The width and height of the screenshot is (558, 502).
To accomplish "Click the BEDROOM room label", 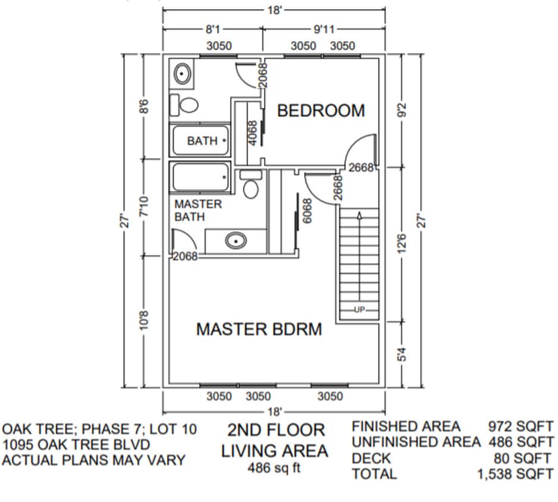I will click(321, 111).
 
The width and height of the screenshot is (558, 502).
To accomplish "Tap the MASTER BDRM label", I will click(259, 329).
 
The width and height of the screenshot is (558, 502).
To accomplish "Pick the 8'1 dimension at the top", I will click(213, 28).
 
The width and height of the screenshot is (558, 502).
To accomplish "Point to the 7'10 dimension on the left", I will click(143, 208).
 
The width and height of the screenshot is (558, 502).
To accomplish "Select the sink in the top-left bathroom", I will click(182, 74).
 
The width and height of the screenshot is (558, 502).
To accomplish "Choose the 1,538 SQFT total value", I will click(515, 474).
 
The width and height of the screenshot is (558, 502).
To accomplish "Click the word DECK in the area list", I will click(371, 459).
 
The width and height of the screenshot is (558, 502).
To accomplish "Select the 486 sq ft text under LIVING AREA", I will click(274, 468).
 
